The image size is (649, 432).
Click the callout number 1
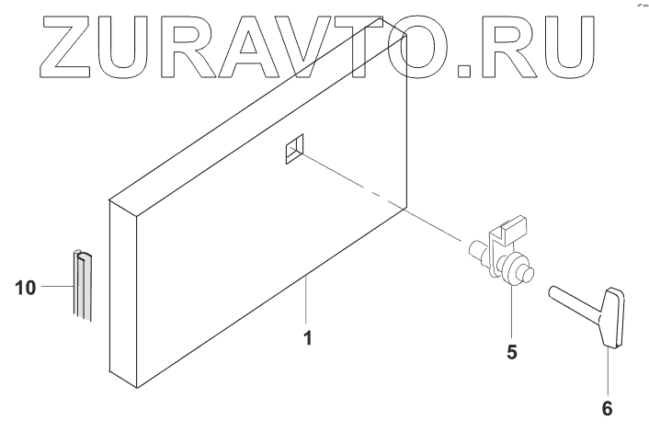point(308,338)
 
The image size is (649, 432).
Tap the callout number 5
point(512,350)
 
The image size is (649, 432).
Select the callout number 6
point(606,406)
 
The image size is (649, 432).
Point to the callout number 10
point(27,289)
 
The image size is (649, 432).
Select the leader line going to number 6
point(606,371)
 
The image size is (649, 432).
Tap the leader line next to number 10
point(55,288)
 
